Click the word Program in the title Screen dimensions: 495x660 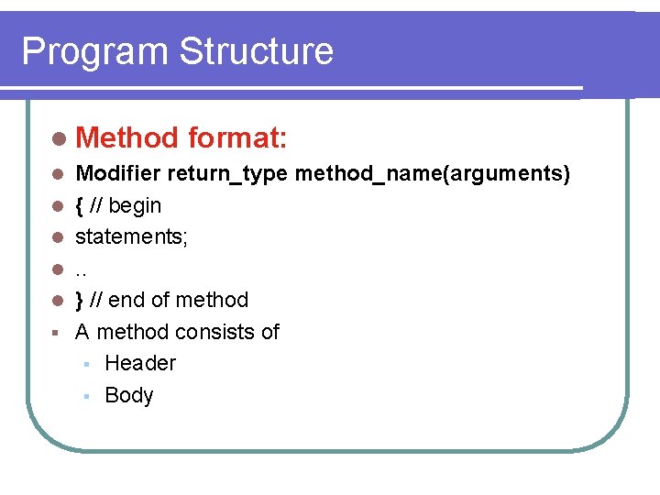[94, 52]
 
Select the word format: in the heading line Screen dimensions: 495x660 [238, 138]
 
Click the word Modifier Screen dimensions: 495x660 [118, 173]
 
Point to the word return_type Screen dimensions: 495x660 [229, 174]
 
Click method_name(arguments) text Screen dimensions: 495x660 [433, 174]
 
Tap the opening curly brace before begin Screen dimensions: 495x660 [80, 205]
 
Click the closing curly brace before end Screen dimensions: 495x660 [80, 300]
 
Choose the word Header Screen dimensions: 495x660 [140, 363]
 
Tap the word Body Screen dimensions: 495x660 [129, 395]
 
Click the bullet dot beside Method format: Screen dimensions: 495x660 [60, 139]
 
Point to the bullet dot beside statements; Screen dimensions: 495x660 [58, 237]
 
